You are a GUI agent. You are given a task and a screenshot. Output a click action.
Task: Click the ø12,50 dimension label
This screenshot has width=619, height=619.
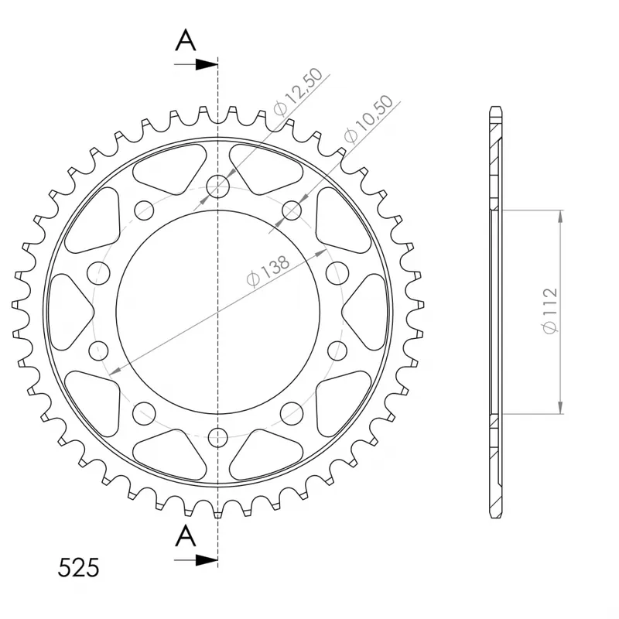tap(298, 91)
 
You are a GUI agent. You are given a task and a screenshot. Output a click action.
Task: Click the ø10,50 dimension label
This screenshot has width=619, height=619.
tap(369, 118)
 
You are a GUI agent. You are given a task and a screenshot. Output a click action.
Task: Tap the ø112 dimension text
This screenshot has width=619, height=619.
tap(550, 311)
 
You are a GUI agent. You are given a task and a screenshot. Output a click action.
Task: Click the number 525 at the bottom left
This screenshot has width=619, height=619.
tap(79, 568)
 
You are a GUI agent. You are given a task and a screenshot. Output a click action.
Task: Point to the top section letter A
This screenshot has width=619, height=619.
tap(186, 41)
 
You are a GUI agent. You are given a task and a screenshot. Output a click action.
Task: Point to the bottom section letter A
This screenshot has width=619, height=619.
tap(186, 535)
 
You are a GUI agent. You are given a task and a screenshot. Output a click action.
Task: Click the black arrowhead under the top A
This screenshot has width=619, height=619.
tap(207, 65)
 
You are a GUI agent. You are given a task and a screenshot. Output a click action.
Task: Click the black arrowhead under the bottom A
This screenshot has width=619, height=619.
tap(207, 559)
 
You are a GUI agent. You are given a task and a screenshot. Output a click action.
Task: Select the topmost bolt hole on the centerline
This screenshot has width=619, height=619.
tap(218, 186)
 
